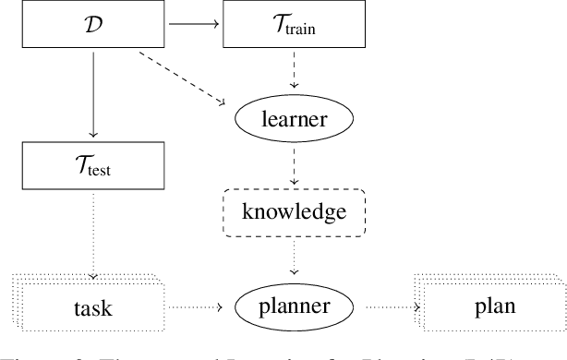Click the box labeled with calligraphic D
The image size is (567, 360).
pos(93,25)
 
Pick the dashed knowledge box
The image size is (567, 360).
pos(292,212)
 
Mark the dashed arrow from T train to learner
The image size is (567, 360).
pos(292,70)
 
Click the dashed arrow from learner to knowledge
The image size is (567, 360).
pos(292,164)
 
